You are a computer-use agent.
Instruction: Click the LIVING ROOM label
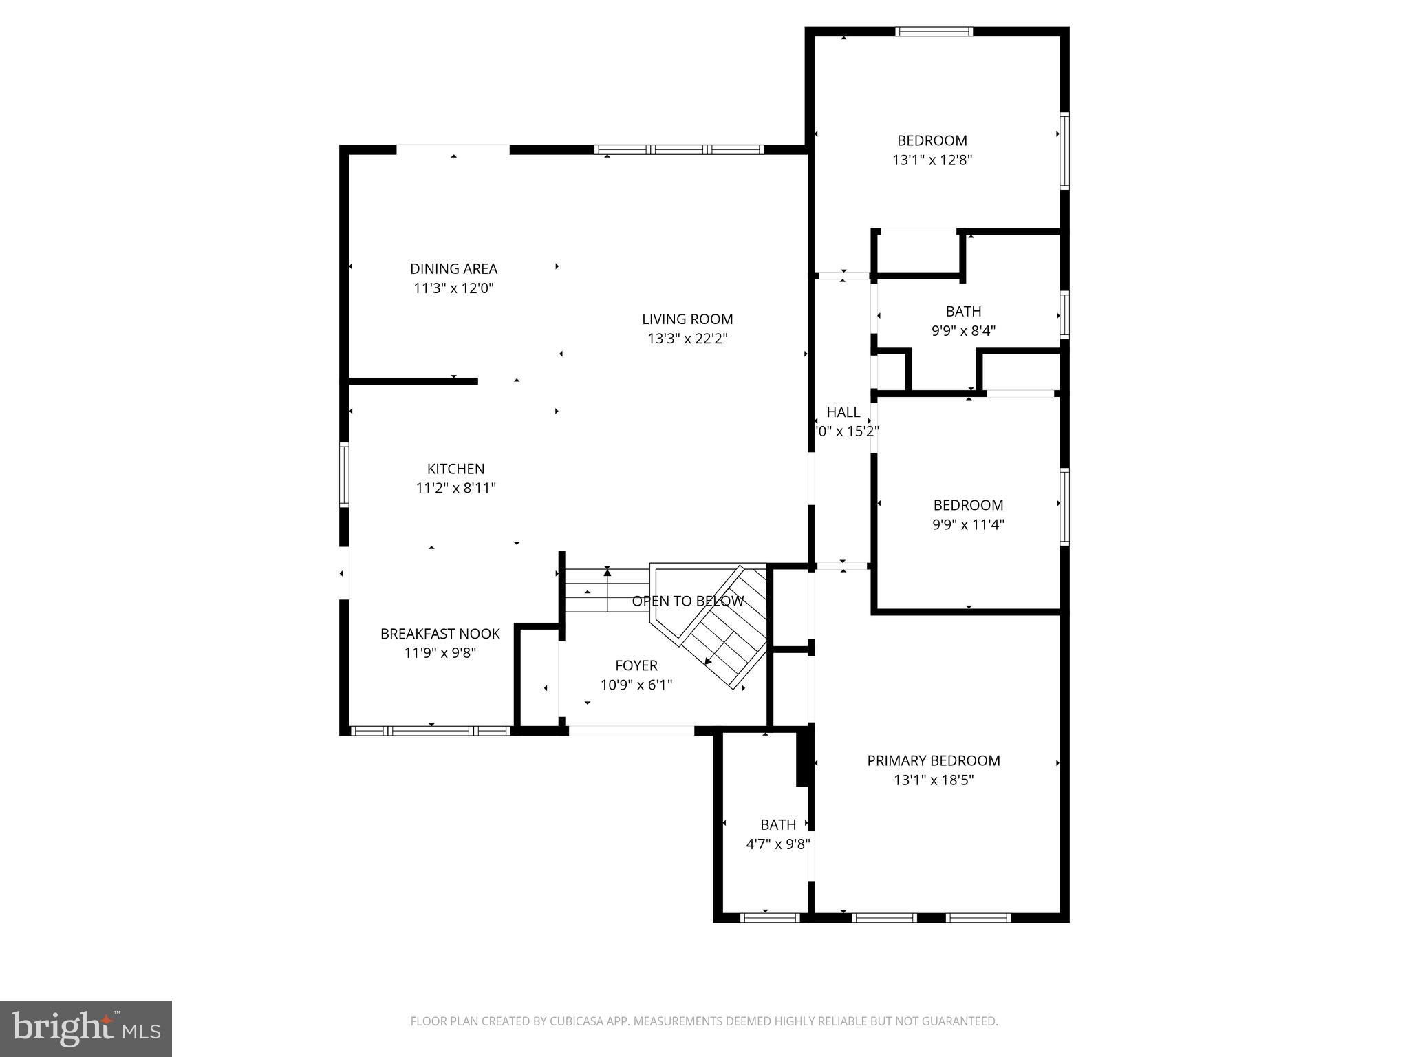[x=687, y=319]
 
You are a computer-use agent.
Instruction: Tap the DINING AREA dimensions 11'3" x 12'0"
[x=453, y=288]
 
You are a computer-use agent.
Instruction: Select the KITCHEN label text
[x=455, y=469]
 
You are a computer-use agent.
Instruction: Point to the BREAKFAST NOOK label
[x=440, y=634]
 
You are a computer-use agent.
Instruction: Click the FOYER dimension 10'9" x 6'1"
[x=636, y=685]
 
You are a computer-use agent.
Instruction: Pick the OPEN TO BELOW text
[x=687, y=601]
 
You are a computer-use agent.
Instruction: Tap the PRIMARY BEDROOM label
[x=933, y=761]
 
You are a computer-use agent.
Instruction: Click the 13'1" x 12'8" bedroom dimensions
[x=932, y=160]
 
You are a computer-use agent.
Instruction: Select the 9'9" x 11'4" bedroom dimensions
[x=968, y=525]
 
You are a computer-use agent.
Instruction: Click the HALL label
[x=843, y=412]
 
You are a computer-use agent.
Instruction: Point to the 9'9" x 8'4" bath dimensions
[x=963, y=331]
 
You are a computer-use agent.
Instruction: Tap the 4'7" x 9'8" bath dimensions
[x=778, y=844]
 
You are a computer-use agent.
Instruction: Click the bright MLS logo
[x=86, y=1028]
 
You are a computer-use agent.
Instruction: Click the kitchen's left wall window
[x=345, y=475]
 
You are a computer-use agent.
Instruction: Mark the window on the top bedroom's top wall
[x=934, y=32]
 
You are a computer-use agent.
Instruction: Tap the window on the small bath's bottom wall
[x=769, y=917]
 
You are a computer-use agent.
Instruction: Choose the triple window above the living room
[x=678, y=149]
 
